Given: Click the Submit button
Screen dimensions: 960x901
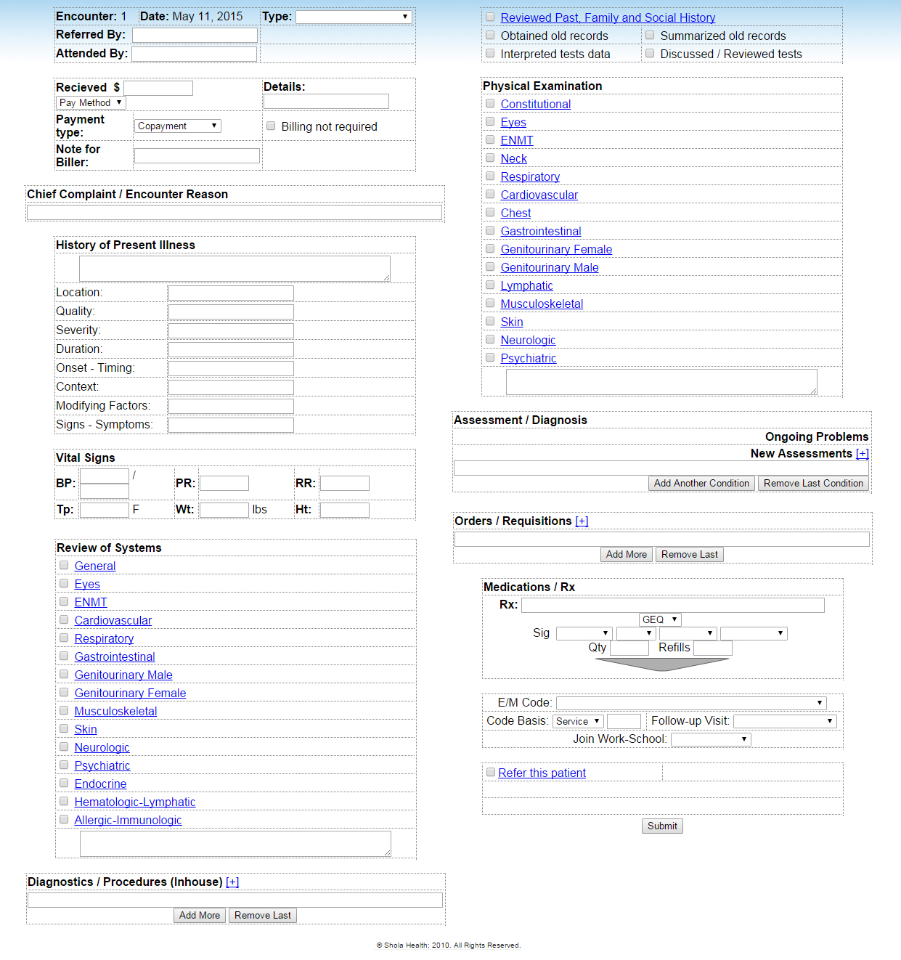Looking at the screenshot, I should point(662,826).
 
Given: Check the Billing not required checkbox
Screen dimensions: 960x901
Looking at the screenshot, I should point(271,126).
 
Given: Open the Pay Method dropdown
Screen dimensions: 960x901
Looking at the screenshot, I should point(91,102).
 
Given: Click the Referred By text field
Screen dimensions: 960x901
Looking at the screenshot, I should point(195,35).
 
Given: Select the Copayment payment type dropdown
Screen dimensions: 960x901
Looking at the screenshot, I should point(177,126).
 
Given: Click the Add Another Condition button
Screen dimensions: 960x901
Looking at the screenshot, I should point(701,483).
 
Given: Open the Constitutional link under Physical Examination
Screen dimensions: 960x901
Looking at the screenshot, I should point(535,104).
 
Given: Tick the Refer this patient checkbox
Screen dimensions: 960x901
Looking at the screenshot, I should point(491,772).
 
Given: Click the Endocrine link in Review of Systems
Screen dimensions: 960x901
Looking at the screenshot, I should point(100,784).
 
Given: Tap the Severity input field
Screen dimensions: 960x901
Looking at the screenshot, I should point(231,330).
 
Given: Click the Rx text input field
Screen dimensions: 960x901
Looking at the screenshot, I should point(672,605).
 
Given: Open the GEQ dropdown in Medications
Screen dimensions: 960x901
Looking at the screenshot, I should point(659,619).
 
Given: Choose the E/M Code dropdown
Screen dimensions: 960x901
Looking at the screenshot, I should point(690,702).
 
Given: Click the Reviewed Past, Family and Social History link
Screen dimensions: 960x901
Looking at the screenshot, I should point(608,17).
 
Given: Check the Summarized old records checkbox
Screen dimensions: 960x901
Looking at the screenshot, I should point(650,35).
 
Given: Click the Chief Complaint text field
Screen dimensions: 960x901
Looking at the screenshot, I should point(234,212).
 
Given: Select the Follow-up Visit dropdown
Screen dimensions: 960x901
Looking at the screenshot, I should point(784,721).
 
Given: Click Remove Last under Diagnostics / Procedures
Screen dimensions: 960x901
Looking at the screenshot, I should point(262,915).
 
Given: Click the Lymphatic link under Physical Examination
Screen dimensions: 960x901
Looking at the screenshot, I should point(526,285).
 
